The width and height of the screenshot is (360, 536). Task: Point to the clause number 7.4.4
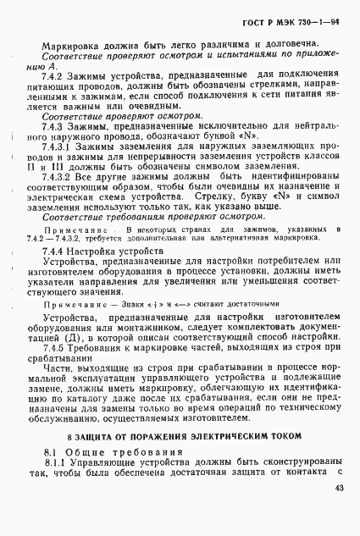click(x=56, y=251)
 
